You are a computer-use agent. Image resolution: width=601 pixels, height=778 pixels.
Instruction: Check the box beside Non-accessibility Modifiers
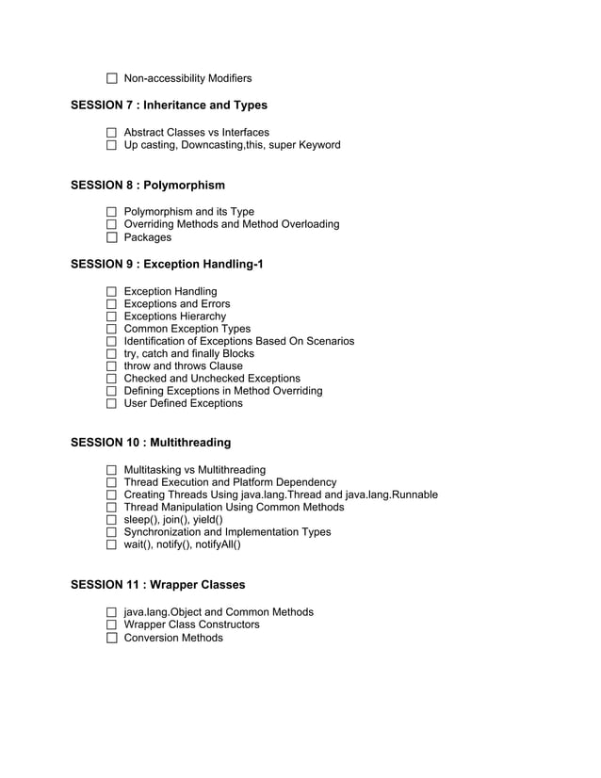pos(112,79)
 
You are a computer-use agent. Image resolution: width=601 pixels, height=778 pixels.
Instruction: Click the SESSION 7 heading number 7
pos(130,105)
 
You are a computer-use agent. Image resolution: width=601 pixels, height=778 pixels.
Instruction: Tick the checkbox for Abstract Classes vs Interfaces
pos(112,133)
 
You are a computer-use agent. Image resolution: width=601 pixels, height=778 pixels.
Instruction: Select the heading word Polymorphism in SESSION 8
pos(185,185)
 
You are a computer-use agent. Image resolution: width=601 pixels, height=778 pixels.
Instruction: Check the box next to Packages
pos(112,237)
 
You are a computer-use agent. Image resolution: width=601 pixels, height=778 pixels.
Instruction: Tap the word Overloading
pos(305,224)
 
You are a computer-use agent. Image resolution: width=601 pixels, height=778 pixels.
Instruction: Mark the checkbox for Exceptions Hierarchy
pos(112,316)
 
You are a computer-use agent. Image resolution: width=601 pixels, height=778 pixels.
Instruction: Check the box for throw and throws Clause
pos(112,366)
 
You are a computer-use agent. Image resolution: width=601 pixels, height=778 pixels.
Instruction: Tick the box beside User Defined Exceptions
pos(112,404)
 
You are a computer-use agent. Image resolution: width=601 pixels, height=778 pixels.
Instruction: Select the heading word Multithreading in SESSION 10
pos(190,442)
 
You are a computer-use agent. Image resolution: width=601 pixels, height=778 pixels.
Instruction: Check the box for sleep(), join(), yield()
pos(112,520)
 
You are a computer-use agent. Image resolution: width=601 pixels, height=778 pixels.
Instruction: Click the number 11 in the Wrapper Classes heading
pos(132,585)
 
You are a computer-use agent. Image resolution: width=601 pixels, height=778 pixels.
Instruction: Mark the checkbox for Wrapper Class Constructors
pos(112,625)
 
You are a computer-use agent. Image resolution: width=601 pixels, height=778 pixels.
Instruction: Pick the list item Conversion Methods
pos(173,638)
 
